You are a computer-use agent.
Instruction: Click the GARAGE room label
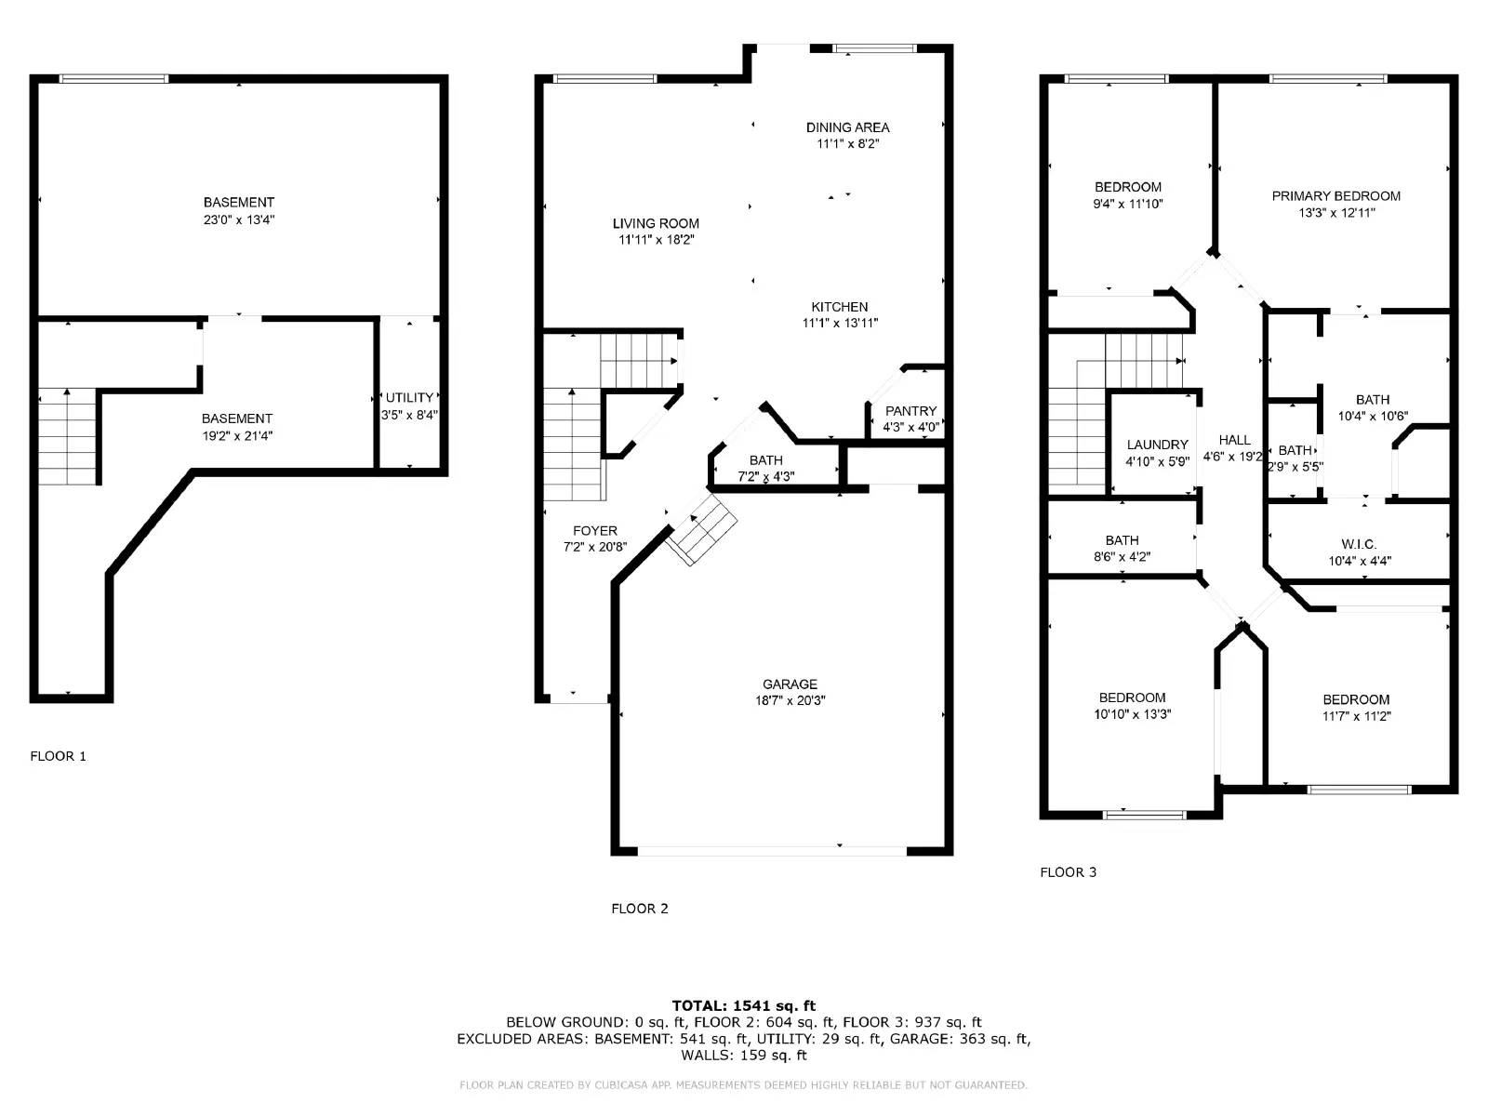[x=790, y=684]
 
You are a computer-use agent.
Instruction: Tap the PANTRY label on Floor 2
[x=910, y=411]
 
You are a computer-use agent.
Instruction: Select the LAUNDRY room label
[x=1157, y=445]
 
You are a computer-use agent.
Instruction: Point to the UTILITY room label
[x=409, y=398]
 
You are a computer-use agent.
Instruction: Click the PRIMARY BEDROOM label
[x=1335, y=196]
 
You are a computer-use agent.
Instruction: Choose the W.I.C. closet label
[x=1359, y=544]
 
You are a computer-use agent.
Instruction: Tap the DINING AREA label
[x=847, y=127]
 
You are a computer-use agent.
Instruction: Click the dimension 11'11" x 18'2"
[x=656, y=240]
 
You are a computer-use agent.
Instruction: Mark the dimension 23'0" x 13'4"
[x=239, y=219]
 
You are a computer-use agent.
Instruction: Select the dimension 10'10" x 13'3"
[x=1132, y=714]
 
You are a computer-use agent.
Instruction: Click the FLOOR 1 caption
[x=58, y=756]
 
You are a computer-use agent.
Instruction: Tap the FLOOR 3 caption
[x=1068, y=872]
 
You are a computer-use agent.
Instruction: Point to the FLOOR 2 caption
[x=639, y=909]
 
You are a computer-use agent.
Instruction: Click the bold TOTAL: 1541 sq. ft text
[x=743, y=1005]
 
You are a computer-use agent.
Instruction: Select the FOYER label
[x=595, y=531]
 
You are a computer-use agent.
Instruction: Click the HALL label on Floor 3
[x=1234, y=440]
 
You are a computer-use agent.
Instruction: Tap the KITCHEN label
[x=839, y=307]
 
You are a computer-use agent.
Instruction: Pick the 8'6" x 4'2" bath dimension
[x=1122, y=557]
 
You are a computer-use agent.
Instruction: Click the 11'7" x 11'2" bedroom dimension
[x=1356, y=716]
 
